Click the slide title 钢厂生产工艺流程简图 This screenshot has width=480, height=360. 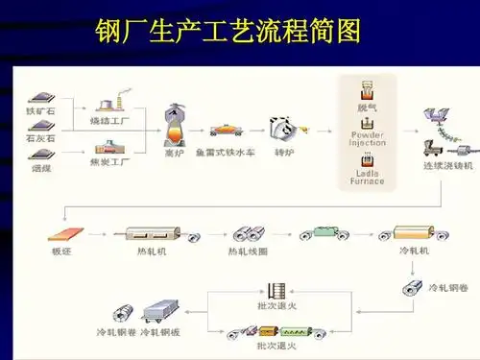pos(228,32)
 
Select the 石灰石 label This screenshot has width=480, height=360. pos(41,138)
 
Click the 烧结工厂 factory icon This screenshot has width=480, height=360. pos(112,104)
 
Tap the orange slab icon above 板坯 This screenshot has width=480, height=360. pos(65,232)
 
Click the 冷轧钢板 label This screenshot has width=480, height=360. pos(160,332)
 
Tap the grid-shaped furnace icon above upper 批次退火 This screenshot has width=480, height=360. pos(278,289)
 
